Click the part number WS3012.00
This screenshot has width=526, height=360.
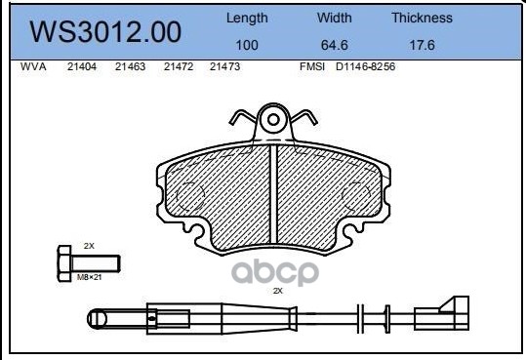pos(105,32)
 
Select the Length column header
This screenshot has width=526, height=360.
pos(247,19)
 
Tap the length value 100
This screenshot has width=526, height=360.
pos(247,45)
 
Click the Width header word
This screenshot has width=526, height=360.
pos(335,18)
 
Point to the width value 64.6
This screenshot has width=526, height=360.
pos(335,45)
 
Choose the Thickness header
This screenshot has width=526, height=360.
pos(422,18)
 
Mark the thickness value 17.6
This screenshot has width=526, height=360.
pos(422,45)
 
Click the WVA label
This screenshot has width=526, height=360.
pos(33,66)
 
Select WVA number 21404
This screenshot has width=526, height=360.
pos(82,66)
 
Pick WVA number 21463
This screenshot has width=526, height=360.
pos(130,66)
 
